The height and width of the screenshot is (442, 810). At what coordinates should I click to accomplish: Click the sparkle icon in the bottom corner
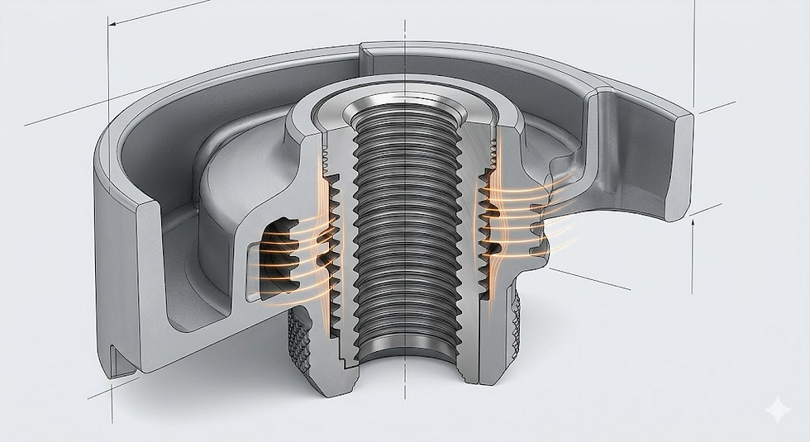(777, 411)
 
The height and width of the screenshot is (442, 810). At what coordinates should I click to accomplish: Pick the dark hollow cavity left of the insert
(277, 256)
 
